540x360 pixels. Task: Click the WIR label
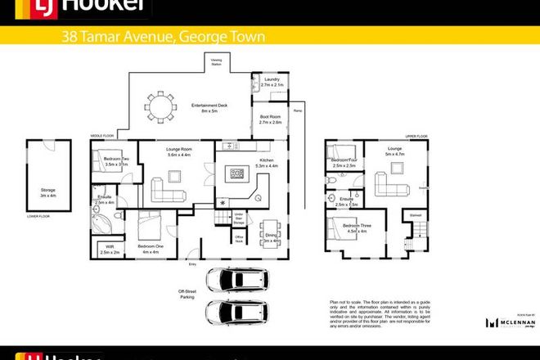[109, 250]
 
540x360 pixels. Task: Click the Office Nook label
[241, 239]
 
